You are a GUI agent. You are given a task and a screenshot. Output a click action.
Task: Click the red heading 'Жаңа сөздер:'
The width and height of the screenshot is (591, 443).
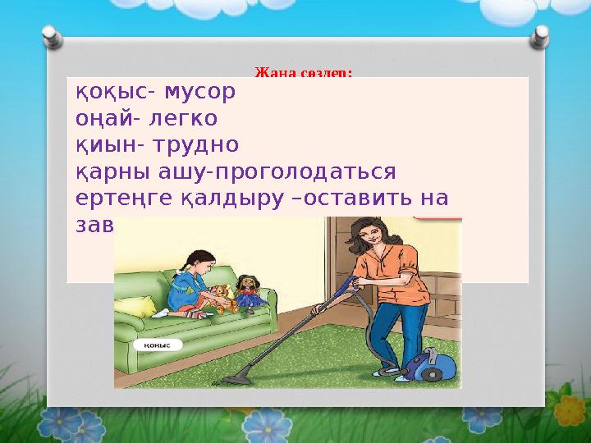click(304, 72)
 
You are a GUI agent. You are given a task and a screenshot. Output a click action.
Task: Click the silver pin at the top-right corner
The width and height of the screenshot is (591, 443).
click(543, 37)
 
